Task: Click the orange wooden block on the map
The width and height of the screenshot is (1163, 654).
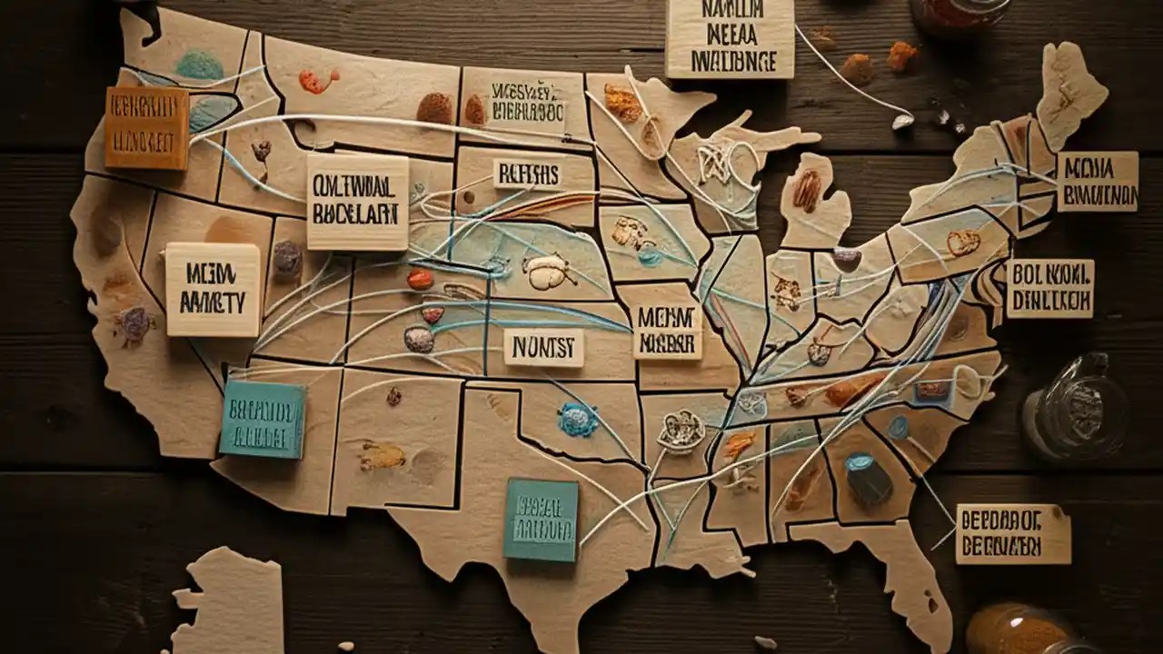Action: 146,128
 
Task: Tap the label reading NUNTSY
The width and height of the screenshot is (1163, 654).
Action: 543,347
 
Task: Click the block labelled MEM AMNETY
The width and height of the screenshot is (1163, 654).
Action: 213,290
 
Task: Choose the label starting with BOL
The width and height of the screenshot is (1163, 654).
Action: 1049,288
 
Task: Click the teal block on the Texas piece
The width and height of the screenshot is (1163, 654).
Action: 541,520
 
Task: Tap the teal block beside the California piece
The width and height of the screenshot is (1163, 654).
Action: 262,418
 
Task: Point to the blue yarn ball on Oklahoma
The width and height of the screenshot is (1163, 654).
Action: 578,420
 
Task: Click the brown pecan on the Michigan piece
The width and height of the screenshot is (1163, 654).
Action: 807,191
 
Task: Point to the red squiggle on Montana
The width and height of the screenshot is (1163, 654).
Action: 318,82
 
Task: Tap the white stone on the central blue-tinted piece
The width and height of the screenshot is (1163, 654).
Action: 547,271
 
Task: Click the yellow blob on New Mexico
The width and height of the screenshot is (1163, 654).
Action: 383,455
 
